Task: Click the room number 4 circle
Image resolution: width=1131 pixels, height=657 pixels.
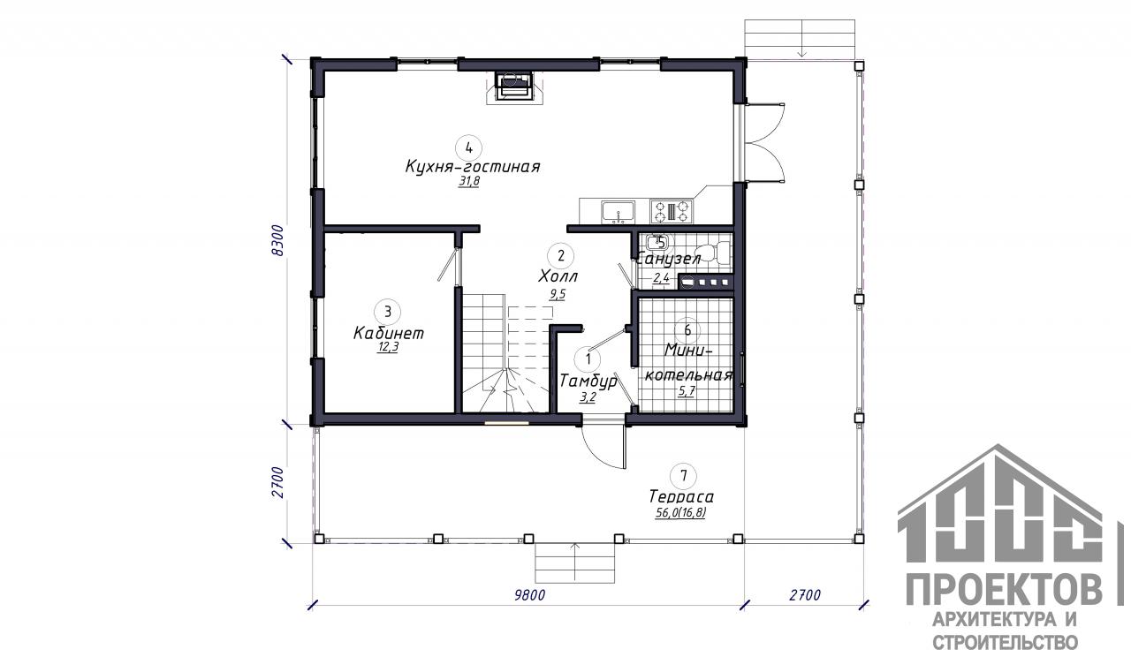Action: pyautogui.click(x=468, y=147)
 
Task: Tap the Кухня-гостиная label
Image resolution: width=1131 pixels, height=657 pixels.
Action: pyautogui.click(x=473, y=167)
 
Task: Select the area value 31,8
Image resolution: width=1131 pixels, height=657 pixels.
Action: pyautogui.click(x=469, y=182)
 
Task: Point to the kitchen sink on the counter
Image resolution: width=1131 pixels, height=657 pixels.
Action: pyautogui.click(x=618, y=211)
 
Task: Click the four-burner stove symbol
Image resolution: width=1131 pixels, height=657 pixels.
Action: pyautogui.click(x=671, y=211)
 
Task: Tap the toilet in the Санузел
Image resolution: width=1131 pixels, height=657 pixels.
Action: pyautogui.click(x=714, y=253)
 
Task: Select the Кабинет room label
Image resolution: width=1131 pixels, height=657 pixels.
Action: pyautogui.click(x=388, y=333)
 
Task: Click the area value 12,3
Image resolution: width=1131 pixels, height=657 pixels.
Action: pyautogui.click(x=388, y=347)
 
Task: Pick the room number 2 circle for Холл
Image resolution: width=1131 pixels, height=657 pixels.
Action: pyautogui.click(x=561, y=255)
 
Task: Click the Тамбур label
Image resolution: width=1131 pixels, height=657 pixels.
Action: pyautogui.click(x=588, y=381)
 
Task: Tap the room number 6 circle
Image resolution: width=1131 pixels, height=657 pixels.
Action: pyautogui.click(x=687, y=330)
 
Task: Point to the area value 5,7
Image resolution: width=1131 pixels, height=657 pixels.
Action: pyautogui.click(x=687, y=390)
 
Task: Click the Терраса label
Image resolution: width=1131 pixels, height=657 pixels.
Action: pyautogui.click(x=681, y=497)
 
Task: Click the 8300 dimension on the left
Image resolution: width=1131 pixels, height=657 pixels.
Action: pyautogui.click(x=278, y=241)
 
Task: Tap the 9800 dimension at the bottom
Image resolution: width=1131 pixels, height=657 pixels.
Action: pyautogui.click(x=529, y=595)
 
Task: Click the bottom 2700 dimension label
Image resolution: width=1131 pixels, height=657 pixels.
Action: pyautogui.click(x=805, y=595)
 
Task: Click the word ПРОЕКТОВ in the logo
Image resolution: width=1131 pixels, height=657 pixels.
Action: pyautogui.click(x=1005, y=589)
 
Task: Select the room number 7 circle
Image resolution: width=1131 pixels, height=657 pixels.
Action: pyautogui.click(x=684, y=476)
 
